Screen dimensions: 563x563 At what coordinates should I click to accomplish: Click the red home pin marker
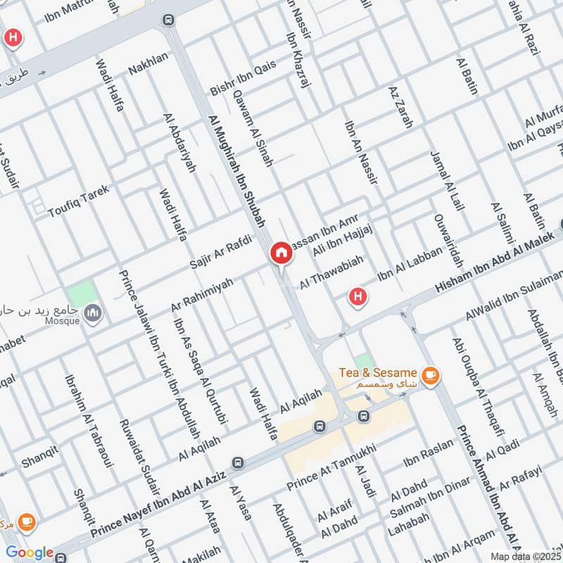coord(281,253)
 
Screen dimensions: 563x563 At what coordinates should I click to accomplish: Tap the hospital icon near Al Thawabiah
coord(358,297)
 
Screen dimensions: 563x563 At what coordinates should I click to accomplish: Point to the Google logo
coord(30,552)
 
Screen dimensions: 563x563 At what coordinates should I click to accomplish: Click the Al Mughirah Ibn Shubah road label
coord(237,171)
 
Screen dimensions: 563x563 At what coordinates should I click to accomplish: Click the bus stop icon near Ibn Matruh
coord(167,19)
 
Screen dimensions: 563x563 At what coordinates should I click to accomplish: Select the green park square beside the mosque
coord(82,293)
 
